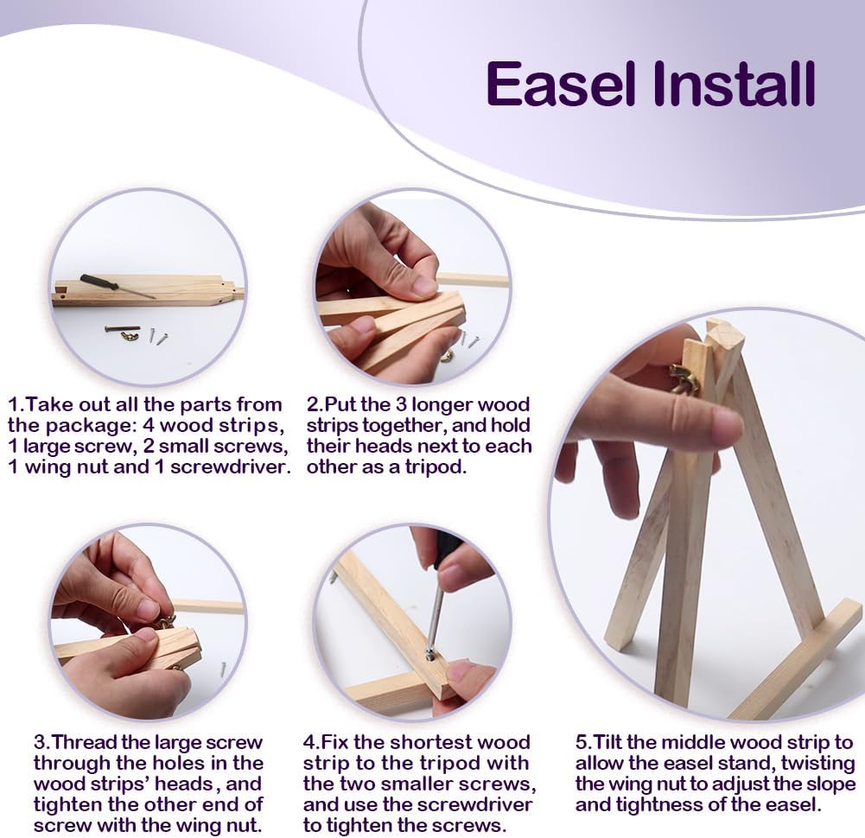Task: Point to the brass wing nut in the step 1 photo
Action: pyautogui.click(x=130, y=334)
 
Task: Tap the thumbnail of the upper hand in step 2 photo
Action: pyautogui.click(x=424, y=285)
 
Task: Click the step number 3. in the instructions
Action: pyautogui.click(x=42, y=742)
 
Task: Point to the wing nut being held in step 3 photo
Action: pyautogui.click(x=163, y=620)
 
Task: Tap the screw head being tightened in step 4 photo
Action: pyautogui.click(x=429, y=656)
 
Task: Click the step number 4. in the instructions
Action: pyautogui.click(x=312, y=742)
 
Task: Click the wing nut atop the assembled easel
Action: pyautogui.click(x=684, y=378)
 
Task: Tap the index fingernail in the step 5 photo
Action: pyautogui.click(x=723, y=425)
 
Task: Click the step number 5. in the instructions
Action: pyautogui.click(x=584, y=742)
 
